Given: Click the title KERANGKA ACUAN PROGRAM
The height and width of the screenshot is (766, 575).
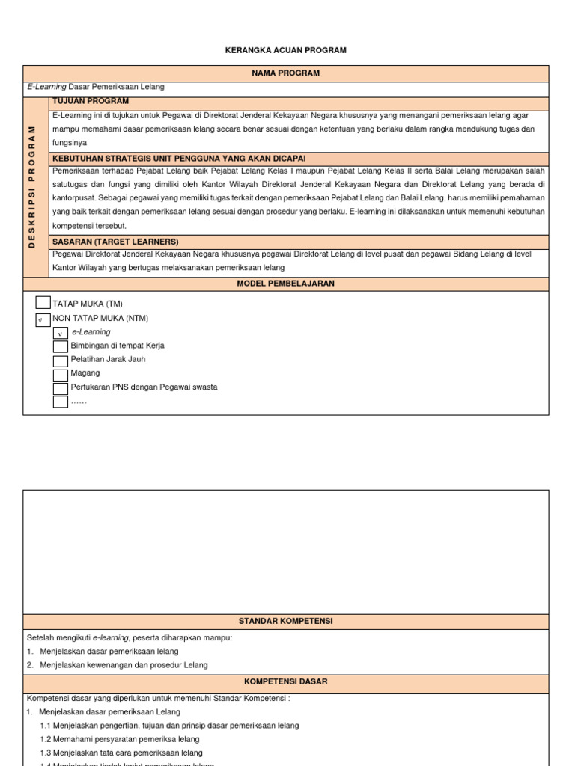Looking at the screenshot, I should coord(285,50).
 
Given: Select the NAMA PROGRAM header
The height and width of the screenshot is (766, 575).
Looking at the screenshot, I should coord(285,73).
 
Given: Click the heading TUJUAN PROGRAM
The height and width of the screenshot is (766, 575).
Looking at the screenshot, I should coord(90,101).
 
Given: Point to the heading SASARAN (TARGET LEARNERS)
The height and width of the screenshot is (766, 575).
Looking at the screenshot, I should coord(115,242).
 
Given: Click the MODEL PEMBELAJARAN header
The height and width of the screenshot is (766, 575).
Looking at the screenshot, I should coord(285,284).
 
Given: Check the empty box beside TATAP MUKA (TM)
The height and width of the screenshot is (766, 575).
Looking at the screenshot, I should coord(43,303).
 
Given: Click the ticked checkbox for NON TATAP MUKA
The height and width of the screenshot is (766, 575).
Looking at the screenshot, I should coord(43,319).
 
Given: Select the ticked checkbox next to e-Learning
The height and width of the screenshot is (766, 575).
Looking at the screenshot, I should coord(61,333).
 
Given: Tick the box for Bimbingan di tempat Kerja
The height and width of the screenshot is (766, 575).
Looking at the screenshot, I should coord(61,346).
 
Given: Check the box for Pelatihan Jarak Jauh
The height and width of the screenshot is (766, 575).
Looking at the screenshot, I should coord(61,361).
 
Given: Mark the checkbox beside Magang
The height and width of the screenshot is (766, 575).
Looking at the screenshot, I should coord(61,374).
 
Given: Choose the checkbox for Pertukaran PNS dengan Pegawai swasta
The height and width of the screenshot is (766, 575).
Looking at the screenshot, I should coord(61,388).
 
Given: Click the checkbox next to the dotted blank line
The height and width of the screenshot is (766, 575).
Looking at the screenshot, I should coord(61,402).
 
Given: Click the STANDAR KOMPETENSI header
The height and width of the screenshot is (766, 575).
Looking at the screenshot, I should coord(285,621).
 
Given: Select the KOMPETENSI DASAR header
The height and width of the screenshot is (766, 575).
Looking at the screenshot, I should coord(285,682).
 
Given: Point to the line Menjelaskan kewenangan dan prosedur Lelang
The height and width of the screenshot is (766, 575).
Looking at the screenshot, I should coord(124,665).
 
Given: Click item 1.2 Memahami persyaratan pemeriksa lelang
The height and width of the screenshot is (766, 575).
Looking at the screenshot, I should coord(120,739).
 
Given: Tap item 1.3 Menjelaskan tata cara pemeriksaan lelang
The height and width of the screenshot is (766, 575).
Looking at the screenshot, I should coord(121,753).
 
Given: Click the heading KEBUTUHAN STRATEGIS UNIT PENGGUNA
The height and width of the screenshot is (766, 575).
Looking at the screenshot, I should coord(179,159).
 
